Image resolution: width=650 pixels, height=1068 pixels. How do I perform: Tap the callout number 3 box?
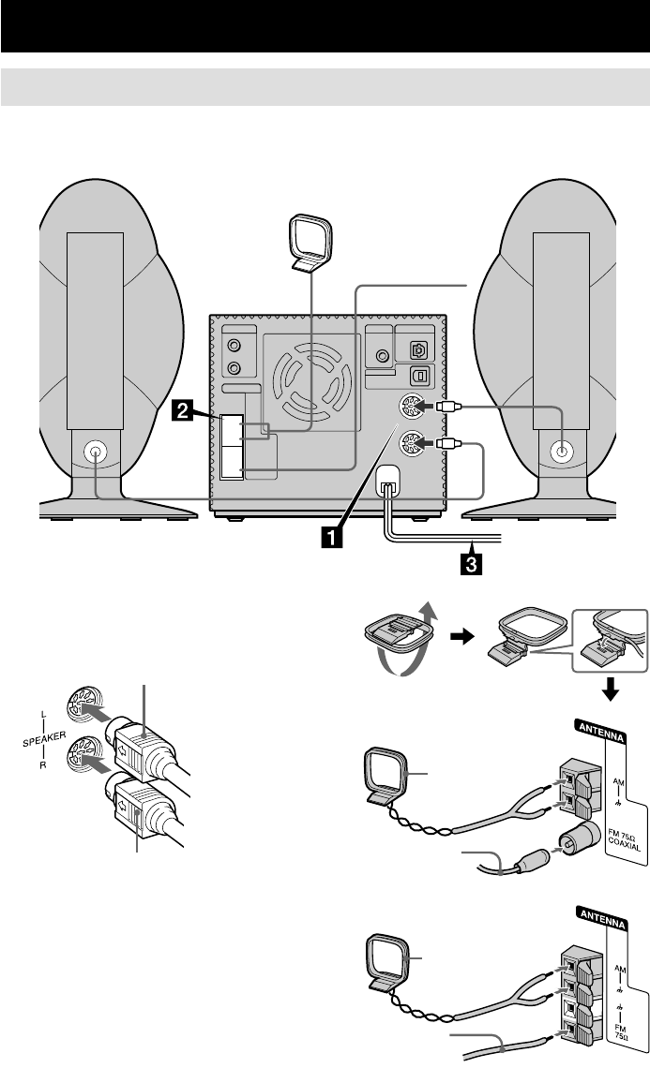coord(471,565)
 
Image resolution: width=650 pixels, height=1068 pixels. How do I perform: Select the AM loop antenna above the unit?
coord(310,244)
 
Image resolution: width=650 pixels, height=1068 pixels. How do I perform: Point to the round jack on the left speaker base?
coord(94,451)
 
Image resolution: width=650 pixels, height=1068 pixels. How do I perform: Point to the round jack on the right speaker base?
coord(561,451)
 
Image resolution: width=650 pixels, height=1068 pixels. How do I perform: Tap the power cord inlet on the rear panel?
coord(387,482)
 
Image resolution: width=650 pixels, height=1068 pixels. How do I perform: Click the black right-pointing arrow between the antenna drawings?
coord(462,638)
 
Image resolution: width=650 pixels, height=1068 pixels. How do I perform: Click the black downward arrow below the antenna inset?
coord(612,690)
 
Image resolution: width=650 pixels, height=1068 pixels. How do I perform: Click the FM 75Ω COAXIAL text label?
coord(624,838)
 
